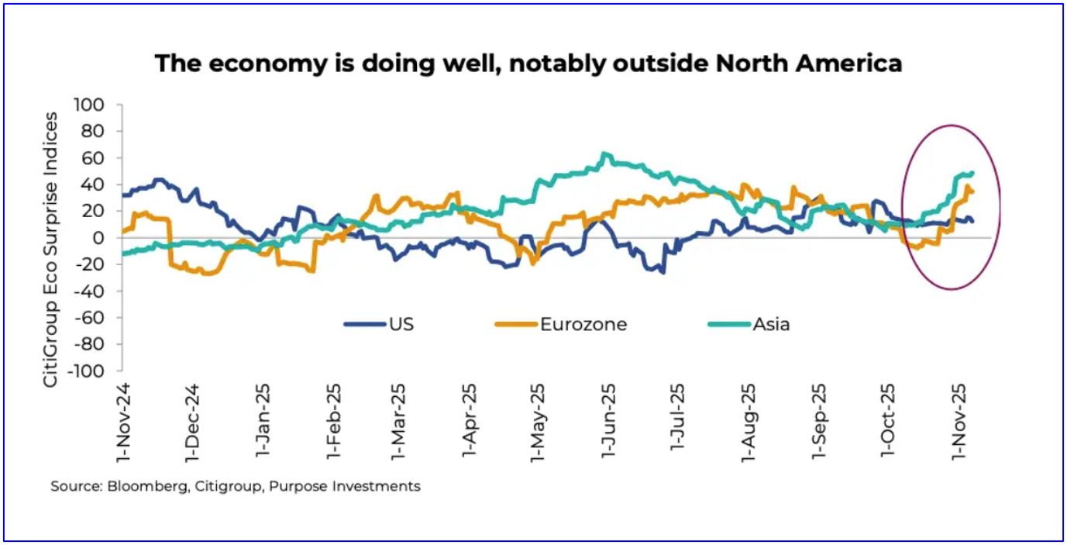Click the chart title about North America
(x=528, y=63)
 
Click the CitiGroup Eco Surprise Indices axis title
(x=50, y=249)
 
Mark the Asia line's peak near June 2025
(x=604, y=153)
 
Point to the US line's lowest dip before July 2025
(x=663, y=272)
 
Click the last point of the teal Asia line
(x=972, y=173)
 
